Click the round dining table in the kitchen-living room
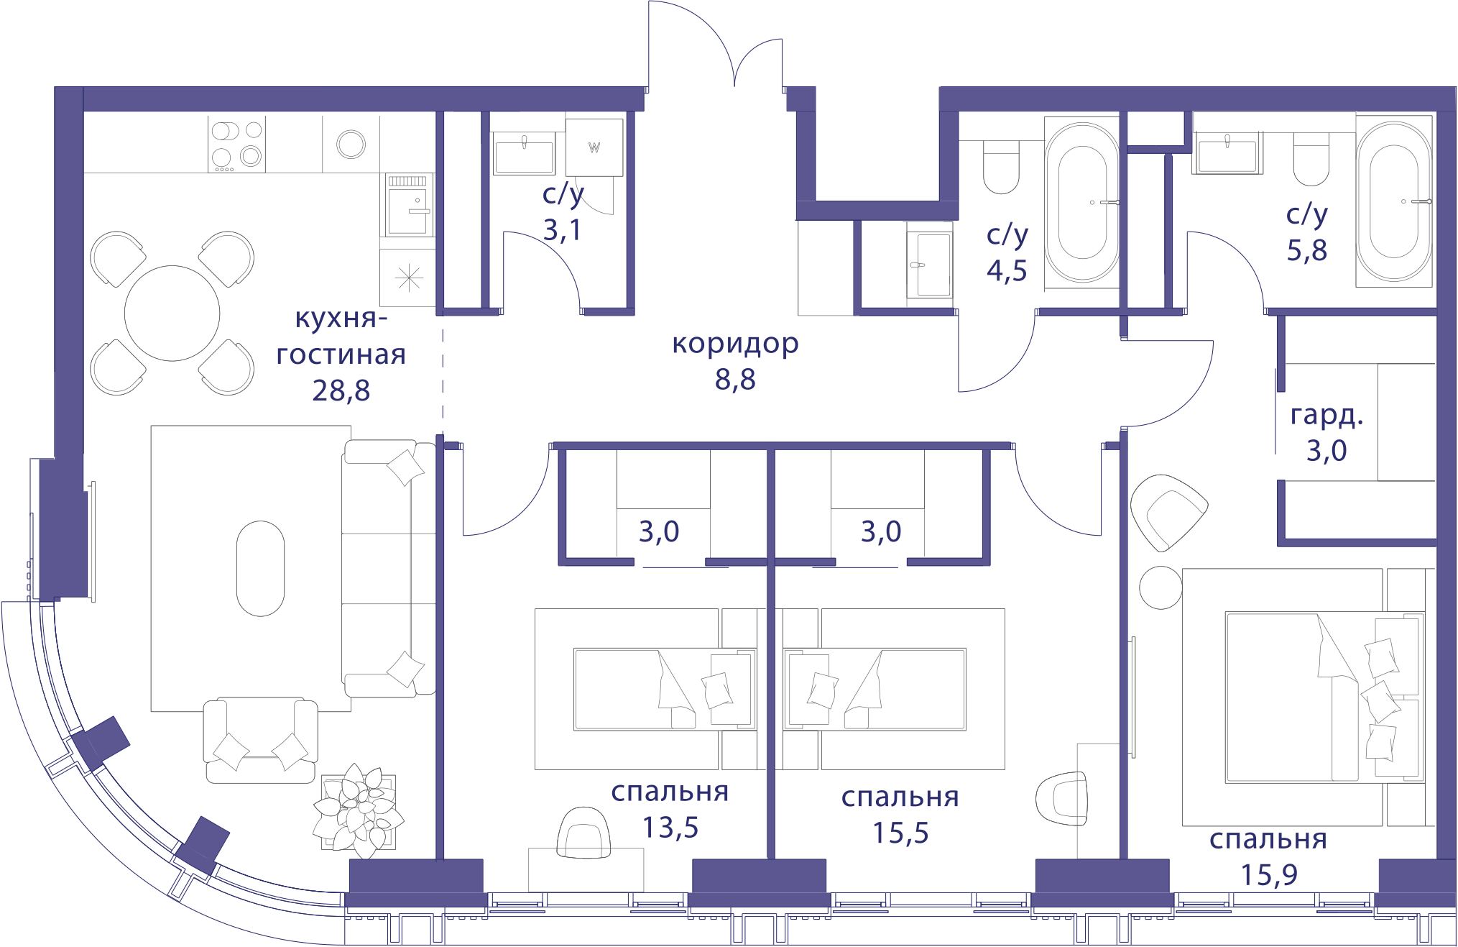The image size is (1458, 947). tap(172, 314)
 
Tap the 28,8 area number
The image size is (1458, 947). tap(341, 390)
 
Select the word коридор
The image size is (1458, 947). tap(735, 344)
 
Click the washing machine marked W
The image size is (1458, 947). tap(594, 147)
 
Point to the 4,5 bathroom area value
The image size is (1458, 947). tap(1007, 270)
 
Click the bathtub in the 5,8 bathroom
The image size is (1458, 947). tap(1393, 201)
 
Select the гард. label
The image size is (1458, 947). tap(1326, 415)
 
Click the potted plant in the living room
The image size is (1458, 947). tap(359, 811)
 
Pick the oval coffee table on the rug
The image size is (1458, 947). tap(260, 568)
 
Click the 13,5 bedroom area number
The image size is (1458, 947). tap(670, 828)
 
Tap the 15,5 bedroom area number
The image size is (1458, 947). tap(900, 833)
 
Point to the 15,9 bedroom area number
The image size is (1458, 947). tap(1269, 875)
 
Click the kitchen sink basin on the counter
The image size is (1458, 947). tap(351, 144)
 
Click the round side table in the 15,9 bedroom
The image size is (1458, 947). tap(1161, 587)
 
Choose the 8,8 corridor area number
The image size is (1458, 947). tap(735, 380)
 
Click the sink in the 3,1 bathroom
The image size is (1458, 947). tap(524, 152)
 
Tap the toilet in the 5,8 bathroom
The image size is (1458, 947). tap(1311, 159)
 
